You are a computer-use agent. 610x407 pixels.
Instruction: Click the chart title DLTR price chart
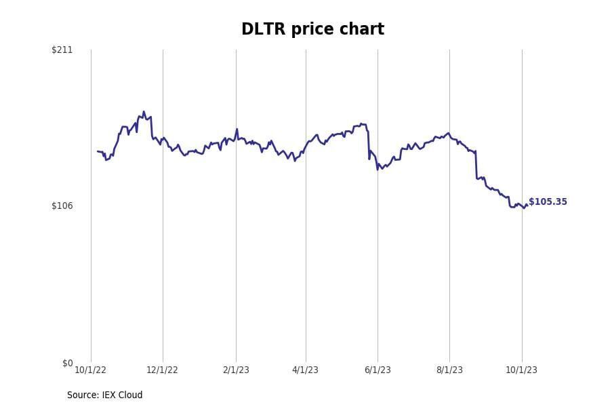(312, 30)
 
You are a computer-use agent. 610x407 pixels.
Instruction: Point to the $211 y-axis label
(62, 50)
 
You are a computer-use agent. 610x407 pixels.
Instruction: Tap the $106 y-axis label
(62, 206)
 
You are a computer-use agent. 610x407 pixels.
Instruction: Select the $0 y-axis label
(67, 363)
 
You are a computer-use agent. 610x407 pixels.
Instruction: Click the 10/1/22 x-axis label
(90, 370)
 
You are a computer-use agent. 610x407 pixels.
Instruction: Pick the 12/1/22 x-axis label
(162, 370)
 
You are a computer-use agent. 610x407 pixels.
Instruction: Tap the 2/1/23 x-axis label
(236, 370)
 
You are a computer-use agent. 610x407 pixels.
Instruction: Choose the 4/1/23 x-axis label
(305, 370)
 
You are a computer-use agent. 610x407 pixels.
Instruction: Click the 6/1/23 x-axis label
(378, 370)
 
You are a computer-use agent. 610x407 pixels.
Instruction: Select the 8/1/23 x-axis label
(449, 370)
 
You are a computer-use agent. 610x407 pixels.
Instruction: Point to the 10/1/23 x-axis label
(521, 370)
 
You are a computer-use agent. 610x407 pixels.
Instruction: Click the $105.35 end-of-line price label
(548, 202)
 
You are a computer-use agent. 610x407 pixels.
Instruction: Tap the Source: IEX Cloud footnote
(104, 395)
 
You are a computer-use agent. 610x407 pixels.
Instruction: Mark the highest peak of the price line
(144, 112)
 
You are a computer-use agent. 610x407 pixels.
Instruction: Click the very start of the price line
(98, 151)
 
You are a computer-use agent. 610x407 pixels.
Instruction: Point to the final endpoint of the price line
(527, 206)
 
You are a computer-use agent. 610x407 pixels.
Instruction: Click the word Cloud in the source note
(130, 395)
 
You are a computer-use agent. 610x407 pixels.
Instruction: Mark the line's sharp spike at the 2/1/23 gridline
(237, 129)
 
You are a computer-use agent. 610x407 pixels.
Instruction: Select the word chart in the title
(364, 30)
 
